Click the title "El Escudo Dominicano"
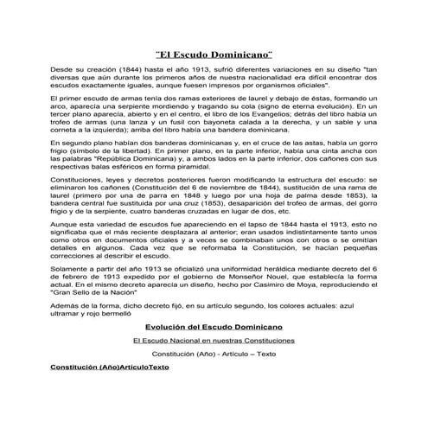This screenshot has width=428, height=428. pyautogui.click(x=214, y=54)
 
